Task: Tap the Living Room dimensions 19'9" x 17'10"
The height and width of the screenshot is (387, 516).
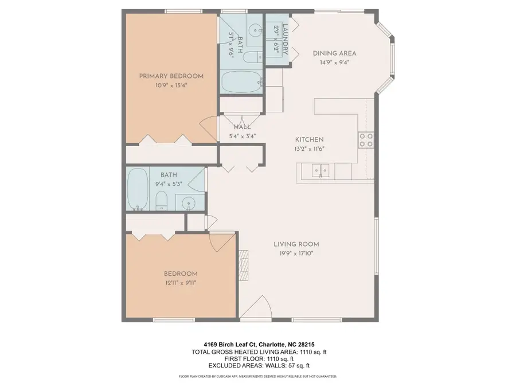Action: tap(296, 253)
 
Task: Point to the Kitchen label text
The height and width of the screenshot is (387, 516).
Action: tap(310, 139)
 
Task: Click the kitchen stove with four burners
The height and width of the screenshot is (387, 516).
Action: tap(366, 139)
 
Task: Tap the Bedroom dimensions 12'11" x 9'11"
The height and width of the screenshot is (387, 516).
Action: tap(181, 283)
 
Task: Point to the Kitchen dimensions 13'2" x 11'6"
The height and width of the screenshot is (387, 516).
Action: tap(310, 148)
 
